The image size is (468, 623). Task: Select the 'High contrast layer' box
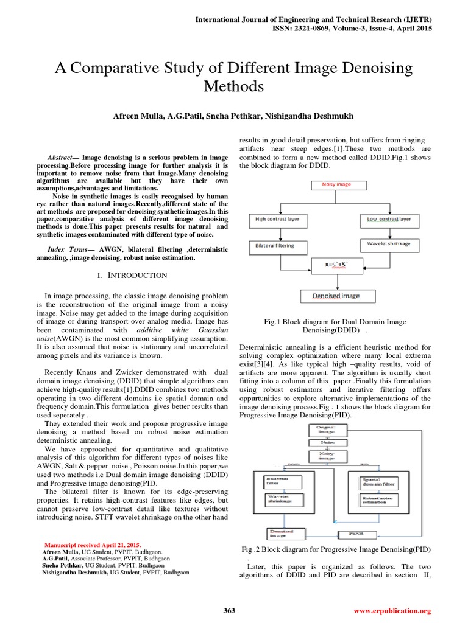point(282,218)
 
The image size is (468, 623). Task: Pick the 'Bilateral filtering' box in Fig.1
point(275,245)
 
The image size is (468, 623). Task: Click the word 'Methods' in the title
point(234,86)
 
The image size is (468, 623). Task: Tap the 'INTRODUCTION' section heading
point(137,276)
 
